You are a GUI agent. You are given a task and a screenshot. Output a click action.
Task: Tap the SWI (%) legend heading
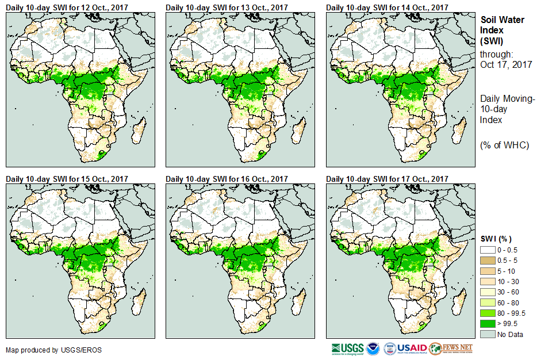pyautogui.click(x=496, y=239)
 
